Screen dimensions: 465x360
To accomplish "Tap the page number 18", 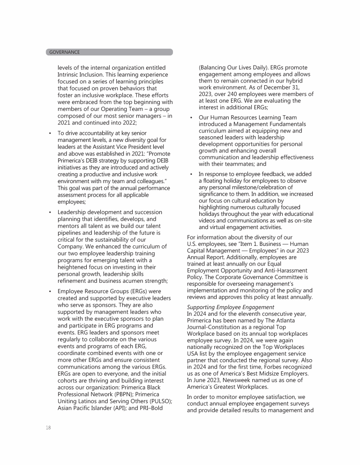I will coord(49,428).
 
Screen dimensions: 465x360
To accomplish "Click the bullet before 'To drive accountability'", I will coord(50,133).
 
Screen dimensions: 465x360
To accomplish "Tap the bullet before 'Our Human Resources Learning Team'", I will coord(192,117).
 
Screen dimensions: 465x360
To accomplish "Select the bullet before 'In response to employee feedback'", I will coord(192,174).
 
